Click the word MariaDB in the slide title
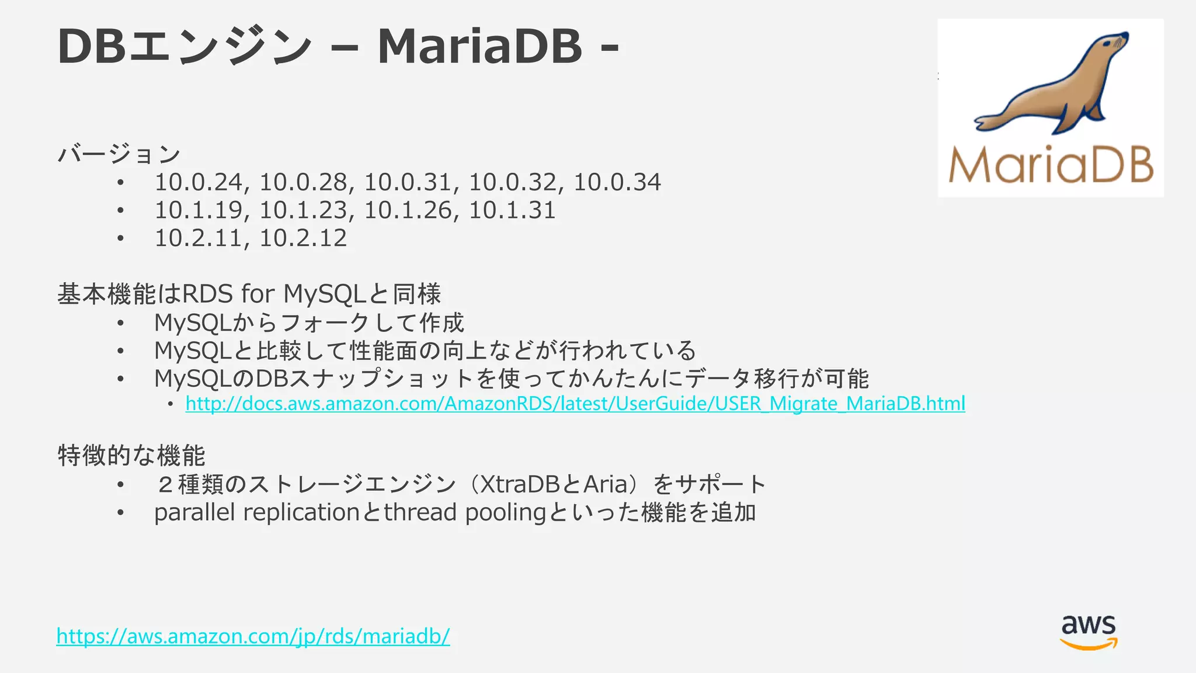479,46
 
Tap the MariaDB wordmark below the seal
1051,165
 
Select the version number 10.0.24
198,182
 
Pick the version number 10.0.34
617,182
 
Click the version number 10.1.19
198,210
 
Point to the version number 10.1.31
512,210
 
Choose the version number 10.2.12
303,238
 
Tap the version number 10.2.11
198,238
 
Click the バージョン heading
119,154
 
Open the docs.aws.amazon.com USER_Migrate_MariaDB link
575,404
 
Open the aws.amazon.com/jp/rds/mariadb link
253,636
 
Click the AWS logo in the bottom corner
1089,632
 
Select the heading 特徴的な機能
131,456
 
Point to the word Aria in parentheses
605,484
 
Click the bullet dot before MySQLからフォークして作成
120,323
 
